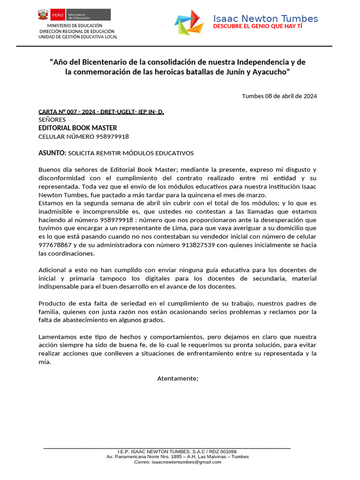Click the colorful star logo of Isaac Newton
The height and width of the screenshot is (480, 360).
tap(189, 22)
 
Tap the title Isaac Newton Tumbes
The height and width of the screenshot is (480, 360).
tap(265, 19)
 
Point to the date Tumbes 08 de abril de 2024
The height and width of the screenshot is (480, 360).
tap(279, 96)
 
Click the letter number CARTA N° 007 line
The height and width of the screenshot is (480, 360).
tap(101, 112)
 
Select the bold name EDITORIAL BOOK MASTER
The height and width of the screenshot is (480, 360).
tap(77, 128)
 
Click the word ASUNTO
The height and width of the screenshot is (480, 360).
tap(52, 153)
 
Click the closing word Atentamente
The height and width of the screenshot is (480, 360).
tap(178, 378)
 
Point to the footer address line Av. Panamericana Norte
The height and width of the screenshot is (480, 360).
tap(178, 456)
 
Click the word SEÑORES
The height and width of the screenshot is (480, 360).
tap(52, 120)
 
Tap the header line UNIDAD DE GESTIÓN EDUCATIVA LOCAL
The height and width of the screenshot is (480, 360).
tap(78, 37)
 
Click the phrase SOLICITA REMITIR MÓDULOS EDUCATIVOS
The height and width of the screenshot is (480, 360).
tap(131, 153)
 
